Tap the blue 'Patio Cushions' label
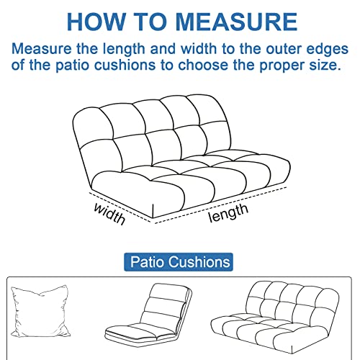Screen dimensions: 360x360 point(179,261)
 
